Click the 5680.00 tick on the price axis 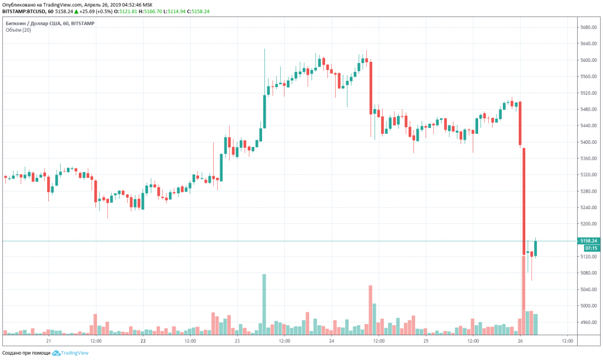click(589, 28)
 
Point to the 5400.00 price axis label click(589, 142)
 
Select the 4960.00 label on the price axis click(589, 322)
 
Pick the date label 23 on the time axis click(237, 341)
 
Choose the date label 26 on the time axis click(521, 341)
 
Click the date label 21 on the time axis click(49, 341)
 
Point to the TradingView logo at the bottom click(71, 353)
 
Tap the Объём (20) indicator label click(19, 30)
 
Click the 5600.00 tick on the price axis click(589, 60)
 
